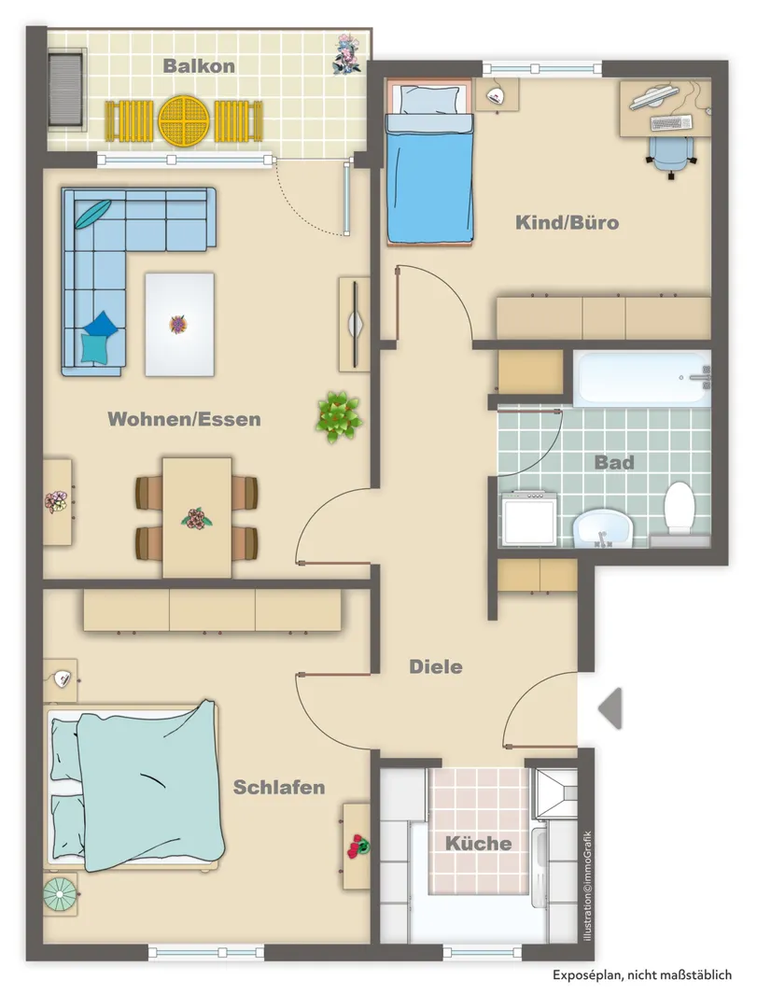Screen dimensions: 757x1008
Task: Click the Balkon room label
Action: click(199, 65)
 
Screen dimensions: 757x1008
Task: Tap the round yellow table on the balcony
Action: click(186, 120)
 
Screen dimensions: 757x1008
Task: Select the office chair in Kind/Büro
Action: click(671, 156)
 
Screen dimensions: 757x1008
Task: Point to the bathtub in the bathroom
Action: click(642, 378)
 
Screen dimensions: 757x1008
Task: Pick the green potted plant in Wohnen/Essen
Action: click(339, 416)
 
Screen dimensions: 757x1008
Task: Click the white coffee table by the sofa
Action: click(179, 325)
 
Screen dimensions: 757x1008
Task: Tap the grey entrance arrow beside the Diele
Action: click(610, 708)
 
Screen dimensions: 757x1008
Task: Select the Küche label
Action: click(479, 843)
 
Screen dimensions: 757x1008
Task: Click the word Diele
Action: click(436, 666)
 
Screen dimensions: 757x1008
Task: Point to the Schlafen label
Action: click(279, 787)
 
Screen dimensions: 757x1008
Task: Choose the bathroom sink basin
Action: click(603, 528)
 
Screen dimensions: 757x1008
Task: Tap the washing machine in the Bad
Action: click(529, 518)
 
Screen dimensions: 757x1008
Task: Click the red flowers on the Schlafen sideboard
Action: click(357, 846)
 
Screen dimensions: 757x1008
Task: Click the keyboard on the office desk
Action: click(671, 122)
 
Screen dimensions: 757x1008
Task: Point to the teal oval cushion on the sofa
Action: click(93, 214)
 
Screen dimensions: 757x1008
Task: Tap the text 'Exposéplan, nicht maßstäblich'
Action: click(642, 975)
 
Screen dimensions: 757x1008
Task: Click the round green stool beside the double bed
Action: click(60, 894)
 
